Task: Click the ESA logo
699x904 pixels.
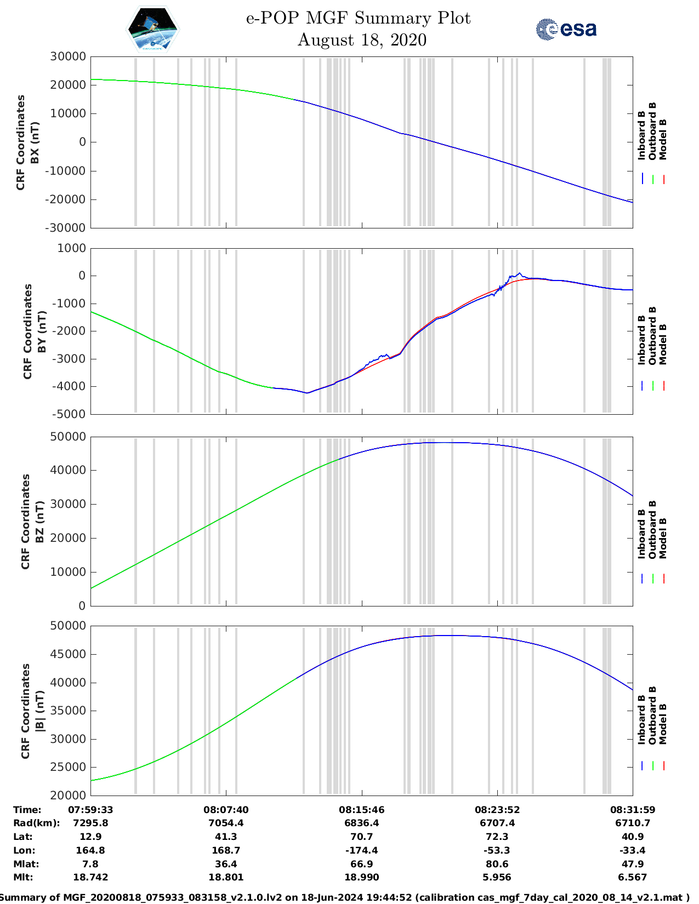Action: [x=566, y=29]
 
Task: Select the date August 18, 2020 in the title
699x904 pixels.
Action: [x=362, y=40]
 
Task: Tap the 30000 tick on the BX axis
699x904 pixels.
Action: [x=68, y=56]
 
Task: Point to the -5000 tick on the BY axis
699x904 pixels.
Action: [x=69, y=414]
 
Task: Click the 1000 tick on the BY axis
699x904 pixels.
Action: [x=72, y=248]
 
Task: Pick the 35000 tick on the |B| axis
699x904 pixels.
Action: [x=68, y=711]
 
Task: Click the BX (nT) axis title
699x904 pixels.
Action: [x=35, y=142]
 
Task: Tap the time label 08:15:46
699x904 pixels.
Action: [x=361, y=809]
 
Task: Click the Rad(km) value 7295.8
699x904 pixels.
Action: [x=90, y=823]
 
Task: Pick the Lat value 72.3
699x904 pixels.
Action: [x=497, y=837]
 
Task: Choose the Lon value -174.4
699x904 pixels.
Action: [x=361, y=850]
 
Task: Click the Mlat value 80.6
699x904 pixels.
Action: [x=497, y=864]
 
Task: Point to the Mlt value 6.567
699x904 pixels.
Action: [x=633, y=877]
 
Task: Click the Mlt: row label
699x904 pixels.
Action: [x=23, y=877]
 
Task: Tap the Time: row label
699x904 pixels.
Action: [x=27, y=809]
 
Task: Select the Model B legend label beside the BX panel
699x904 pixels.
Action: [x=663, y=139]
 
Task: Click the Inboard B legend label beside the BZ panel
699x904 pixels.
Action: [x=642, y=534]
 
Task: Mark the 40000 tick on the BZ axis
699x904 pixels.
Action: [x=68, y=470]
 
